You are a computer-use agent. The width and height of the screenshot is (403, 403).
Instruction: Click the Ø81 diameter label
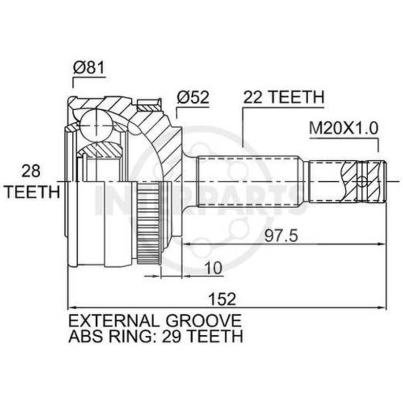(89, 68)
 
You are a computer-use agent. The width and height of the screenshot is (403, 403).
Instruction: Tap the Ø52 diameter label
(193, 98)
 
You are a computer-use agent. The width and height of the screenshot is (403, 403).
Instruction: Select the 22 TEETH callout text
(283, 97)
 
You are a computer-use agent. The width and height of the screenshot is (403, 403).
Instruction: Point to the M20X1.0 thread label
(344, 128)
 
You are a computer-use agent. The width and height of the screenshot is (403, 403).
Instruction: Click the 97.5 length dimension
(281, 236)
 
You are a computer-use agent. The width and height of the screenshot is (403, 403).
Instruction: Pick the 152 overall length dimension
(222, 299)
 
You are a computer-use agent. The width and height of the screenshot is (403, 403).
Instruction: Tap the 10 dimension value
(213, 268)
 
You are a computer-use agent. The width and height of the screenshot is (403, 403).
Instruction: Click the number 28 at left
(31, 171)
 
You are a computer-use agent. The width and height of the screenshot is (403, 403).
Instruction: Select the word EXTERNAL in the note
(114, 321)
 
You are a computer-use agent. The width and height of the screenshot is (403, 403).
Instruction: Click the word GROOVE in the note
(204, 321)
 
